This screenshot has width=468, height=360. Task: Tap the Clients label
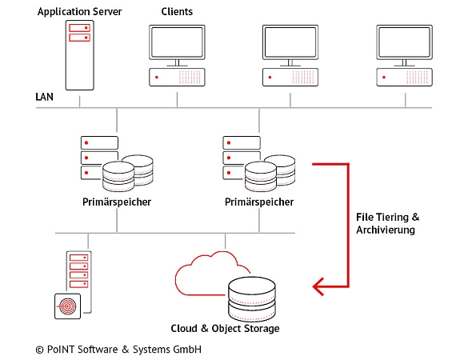click(177, 11)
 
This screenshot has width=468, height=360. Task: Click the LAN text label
click(45, 97)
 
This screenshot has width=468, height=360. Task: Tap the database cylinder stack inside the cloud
click(255, 297)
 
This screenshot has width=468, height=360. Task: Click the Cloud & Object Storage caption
click(226, 329)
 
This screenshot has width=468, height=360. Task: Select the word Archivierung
click(386, 231)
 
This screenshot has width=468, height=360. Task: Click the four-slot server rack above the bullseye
click(78, 270)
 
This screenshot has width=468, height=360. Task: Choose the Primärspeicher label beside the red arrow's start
click(258, 202)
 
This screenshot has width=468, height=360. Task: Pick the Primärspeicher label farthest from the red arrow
click(117, 202)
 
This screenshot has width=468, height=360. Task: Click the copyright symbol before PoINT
click(39, 350)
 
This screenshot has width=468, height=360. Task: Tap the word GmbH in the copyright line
click(184, 350)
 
